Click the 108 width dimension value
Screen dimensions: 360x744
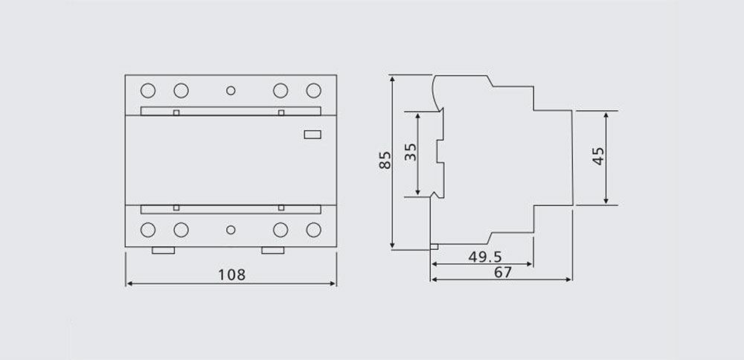[x=231, y=274]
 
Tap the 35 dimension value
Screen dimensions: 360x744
[x=410, y=154]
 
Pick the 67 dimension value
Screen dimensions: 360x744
[x=503, y=272]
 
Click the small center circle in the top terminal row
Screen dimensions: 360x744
[x=231, y=91]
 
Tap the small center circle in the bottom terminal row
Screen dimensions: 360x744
[x=231, y=230]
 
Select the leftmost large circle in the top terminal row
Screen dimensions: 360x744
[x=147, y=91]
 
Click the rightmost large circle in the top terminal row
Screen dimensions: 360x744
[x=313, y=91]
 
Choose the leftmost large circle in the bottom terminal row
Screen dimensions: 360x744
[x=147, y=230]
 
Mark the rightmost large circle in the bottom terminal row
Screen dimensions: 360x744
[x=313, y=230]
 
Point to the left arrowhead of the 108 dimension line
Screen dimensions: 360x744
[x=129, y=283]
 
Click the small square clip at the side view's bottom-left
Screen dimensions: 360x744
[x=434, y=246]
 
